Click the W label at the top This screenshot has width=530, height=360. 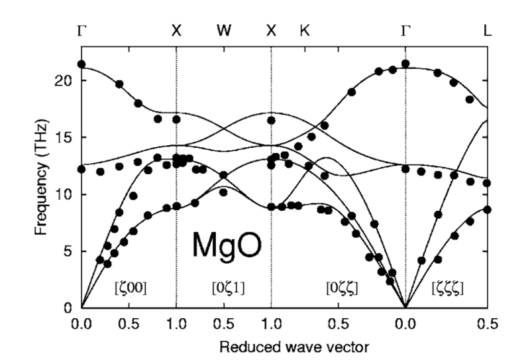point(224,30)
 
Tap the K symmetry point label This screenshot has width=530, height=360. point(305,30)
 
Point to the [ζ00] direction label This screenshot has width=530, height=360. point(130,288)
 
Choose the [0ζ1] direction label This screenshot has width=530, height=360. point(224,288)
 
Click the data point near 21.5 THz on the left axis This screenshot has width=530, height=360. point(81,64)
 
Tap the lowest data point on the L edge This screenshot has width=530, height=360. point(488,210)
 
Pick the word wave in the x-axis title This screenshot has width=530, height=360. point(307,345)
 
